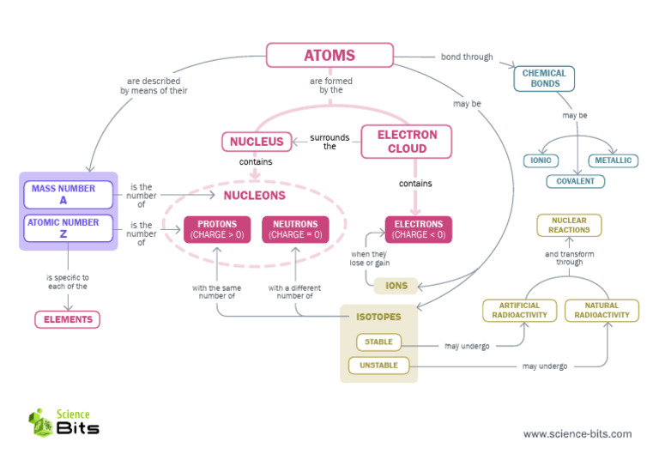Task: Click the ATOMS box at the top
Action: [329, 56]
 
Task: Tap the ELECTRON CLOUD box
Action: [407, 142]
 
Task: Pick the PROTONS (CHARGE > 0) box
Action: [217, 229]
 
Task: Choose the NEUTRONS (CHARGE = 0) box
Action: [295, 229]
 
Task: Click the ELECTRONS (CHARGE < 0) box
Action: [418, 229]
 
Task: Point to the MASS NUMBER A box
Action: [68, 194]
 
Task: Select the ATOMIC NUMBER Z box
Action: [68, 228]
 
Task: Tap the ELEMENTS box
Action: [67, 319]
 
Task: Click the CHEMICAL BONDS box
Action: [544, 79]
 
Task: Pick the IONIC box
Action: [541, 160]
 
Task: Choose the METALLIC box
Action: [613, 160]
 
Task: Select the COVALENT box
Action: [576, 181]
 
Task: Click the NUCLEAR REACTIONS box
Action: [569, 225]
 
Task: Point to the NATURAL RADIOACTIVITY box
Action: [602, 310]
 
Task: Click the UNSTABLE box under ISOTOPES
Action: [378, 366]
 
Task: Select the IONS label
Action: [396, 286]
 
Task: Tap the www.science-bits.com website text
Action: [577, 433]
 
